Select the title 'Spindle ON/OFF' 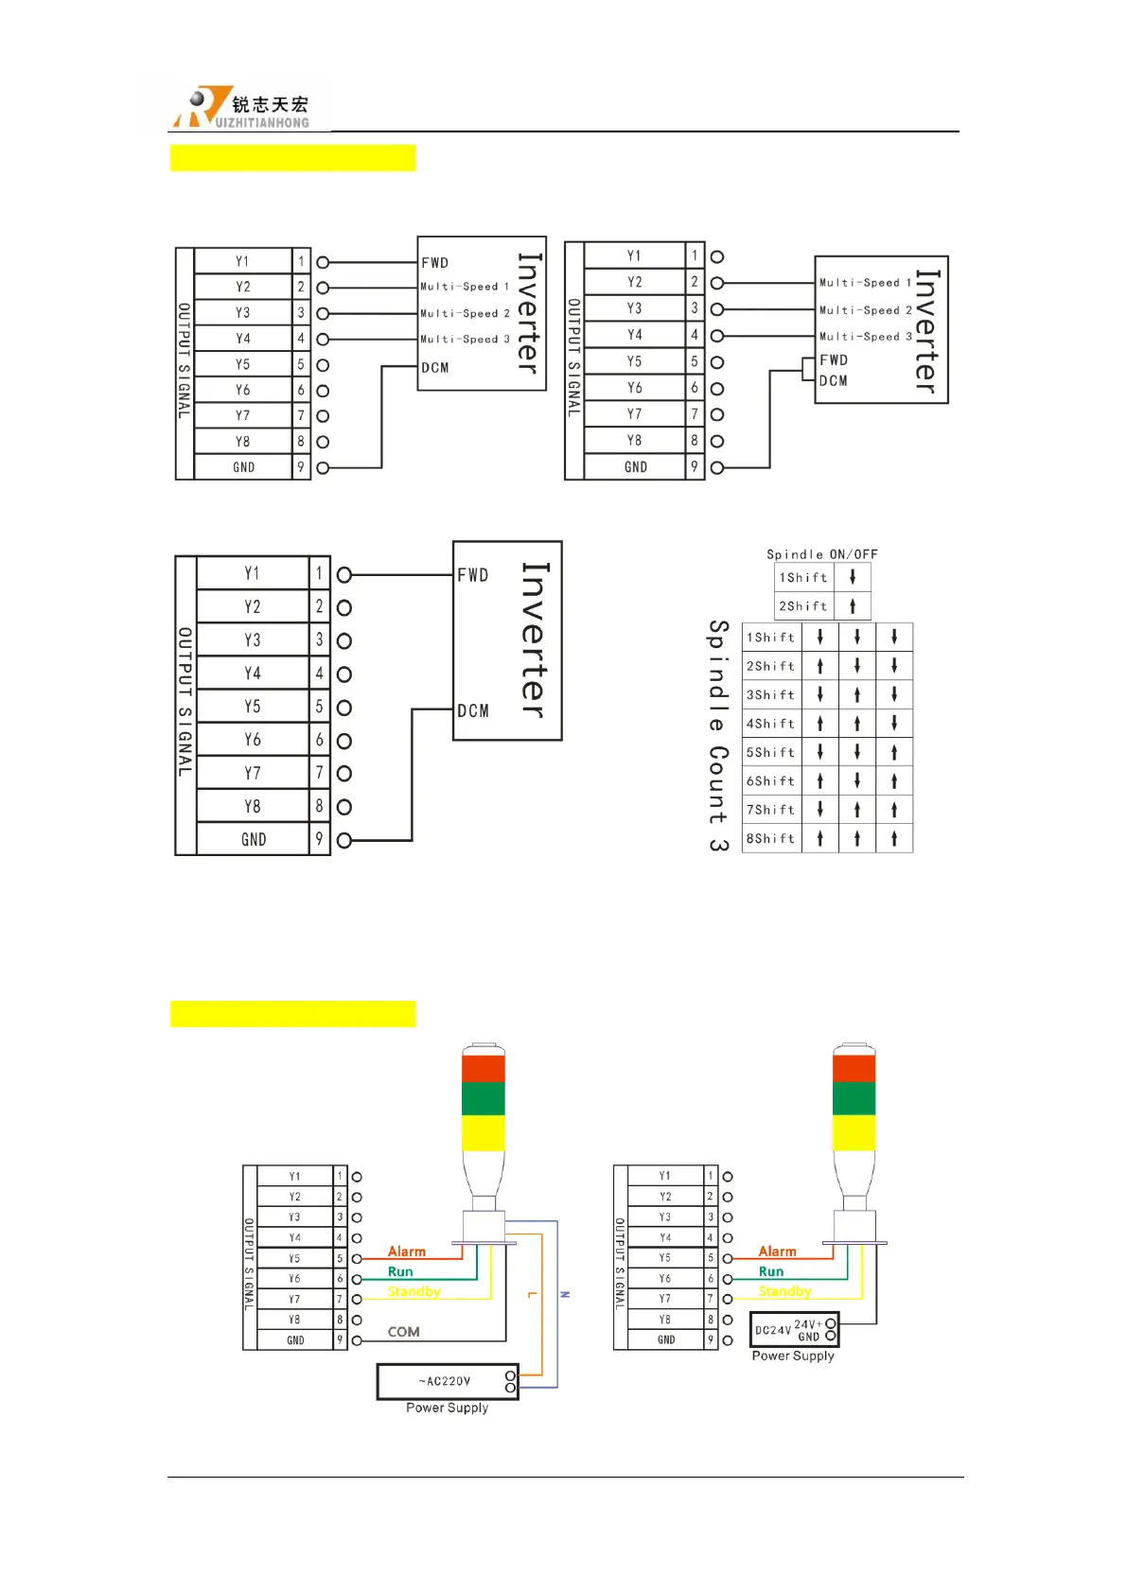tap(821, 554)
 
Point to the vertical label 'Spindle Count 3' tap(718, 736)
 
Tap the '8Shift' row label tap(770, 839)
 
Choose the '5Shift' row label tap(770, 753)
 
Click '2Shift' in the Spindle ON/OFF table tap(802, 606)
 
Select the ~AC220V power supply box tap(447, 1381)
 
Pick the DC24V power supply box tap(793, 1330)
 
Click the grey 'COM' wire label tap(403, 1332)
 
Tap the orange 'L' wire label tap(532, 1294)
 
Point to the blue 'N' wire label tap(565, 1294)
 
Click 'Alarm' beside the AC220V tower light tap(407, 1252)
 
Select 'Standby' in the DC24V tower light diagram tap(784, 1291)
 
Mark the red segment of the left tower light tap(483, 1068)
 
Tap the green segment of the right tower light tap(854, 1098)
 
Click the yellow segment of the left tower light tap(483, 1132)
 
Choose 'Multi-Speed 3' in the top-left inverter tap(465, 339)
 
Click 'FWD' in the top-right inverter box tap(834, 360)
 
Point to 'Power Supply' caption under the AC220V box tap(447, 1408)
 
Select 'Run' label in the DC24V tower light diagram tap(771, 1272)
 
